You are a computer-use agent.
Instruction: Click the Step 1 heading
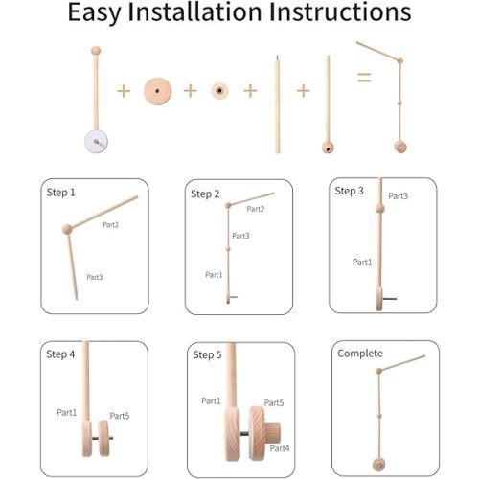(60, 192)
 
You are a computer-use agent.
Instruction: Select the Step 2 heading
(205, 194)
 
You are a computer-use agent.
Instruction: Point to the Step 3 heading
(349, 191)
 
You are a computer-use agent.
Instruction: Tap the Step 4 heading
(59, 354)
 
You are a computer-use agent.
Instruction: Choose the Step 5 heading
(207, 354)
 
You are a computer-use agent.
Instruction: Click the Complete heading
(359, 354)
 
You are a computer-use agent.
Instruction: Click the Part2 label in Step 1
(110, 224)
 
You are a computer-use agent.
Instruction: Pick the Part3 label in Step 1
(95, 277)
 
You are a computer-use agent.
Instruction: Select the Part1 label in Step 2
(214, 274)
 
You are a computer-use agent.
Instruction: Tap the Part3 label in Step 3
(399, 195)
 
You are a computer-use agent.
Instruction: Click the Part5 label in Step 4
(119, 415)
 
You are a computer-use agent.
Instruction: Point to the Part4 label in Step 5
(279, 447)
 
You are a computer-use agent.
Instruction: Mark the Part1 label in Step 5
(211, 399)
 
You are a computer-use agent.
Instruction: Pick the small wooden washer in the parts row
(219, 90)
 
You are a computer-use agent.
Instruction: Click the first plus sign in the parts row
(123, 91)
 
